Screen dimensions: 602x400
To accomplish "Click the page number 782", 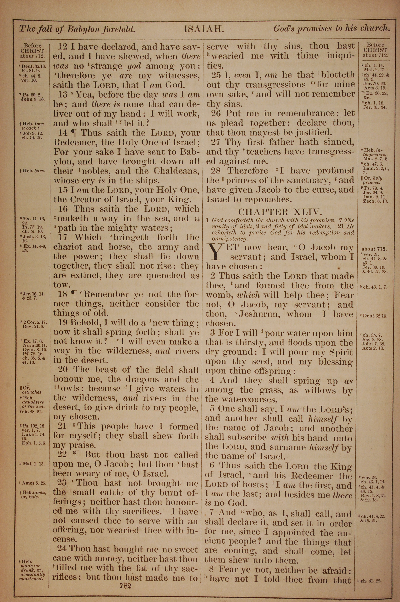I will [125, 578].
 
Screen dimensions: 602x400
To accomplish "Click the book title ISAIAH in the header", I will [204, 30].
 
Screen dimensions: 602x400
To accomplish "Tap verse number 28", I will [215, 171].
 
